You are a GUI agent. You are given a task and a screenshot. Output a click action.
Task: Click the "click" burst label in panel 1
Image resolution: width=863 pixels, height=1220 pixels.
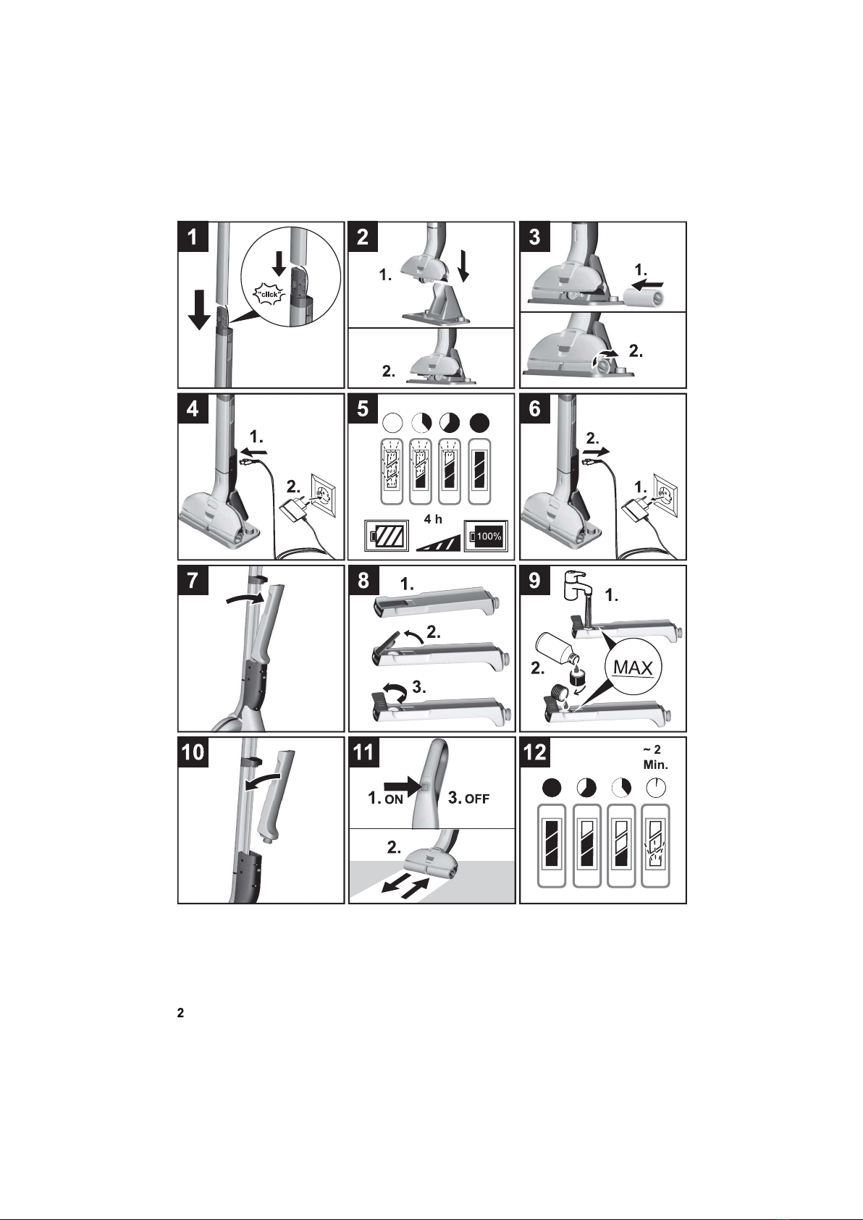click(270, 295)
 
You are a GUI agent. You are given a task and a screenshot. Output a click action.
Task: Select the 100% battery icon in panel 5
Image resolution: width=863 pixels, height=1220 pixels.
click(486, 536)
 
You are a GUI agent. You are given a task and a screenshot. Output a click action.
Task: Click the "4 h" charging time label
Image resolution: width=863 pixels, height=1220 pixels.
click(434, 519)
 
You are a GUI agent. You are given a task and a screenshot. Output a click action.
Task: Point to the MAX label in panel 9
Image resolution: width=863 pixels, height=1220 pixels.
click(633, 667)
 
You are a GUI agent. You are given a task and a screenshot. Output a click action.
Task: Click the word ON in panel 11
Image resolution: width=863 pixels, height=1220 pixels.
click(394, 799)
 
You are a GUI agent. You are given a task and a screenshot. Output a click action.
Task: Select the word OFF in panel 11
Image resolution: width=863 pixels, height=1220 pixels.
click(477, 799)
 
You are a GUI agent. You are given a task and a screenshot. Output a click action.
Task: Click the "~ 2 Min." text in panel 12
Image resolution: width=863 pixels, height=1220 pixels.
click(655, 757)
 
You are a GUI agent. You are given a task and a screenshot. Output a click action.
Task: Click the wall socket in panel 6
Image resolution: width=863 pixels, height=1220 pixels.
click(666, 495)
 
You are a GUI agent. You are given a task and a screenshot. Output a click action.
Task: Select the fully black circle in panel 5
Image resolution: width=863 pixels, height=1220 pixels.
click(479, 423)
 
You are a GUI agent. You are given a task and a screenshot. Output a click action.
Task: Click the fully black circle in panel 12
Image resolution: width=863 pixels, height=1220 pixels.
click(552, 788)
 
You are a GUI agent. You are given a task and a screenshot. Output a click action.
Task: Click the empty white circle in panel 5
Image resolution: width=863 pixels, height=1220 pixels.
click(392, 423)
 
